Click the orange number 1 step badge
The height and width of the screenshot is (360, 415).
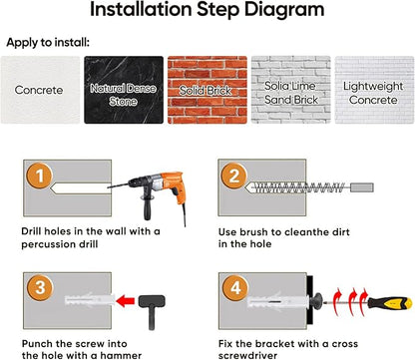[40, 176]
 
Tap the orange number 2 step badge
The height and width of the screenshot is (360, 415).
[234, 176]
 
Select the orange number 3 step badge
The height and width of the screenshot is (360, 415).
[40, 287]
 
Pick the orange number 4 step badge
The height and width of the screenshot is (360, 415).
[235, 287]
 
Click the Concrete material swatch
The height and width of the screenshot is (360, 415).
[40, 90]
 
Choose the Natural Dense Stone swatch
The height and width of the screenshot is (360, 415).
[124, 90]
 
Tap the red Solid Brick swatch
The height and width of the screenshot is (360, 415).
[207, 90]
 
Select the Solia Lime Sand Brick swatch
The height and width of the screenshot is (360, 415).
[291, 90]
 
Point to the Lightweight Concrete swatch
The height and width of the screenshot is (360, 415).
[374, 90]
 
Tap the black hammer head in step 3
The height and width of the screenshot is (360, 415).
[152, 301]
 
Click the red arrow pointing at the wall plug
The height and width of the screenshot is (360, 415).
[126, 301]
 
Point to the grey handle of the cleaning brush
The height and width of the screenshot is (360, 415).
[362, 187]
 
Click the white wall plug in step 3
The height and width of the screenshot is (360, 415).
[90, 300]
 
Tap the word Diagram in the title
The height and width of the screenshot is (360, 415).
[284, 9]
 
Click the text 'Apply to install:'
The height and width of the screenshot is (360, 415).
[48, 43]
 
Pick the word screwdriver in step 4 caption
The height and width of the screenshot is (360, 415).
[247, 355]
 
